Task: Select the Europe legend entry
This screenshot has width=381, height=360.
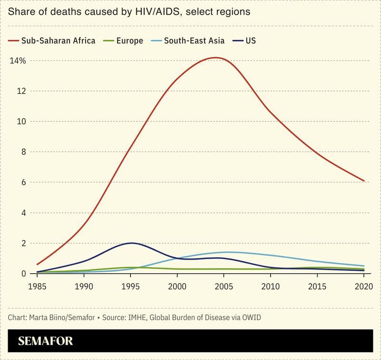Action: pyautogui.click(x=128, y=41)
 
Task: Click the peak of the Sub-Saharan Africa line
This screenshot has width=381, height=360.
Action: pyautogui.click(x=216, y=58)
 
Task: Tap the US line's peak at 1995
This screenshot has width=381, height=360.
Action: pyautogui.click(x=131, y=243)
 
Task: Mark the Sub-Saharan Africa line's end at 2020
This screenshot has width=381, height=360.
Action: pyautogui.click(x=364, y=181)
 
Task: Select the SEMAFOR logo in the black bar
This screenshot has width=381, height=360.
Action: pyautogui.click(x=46, y=341)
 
